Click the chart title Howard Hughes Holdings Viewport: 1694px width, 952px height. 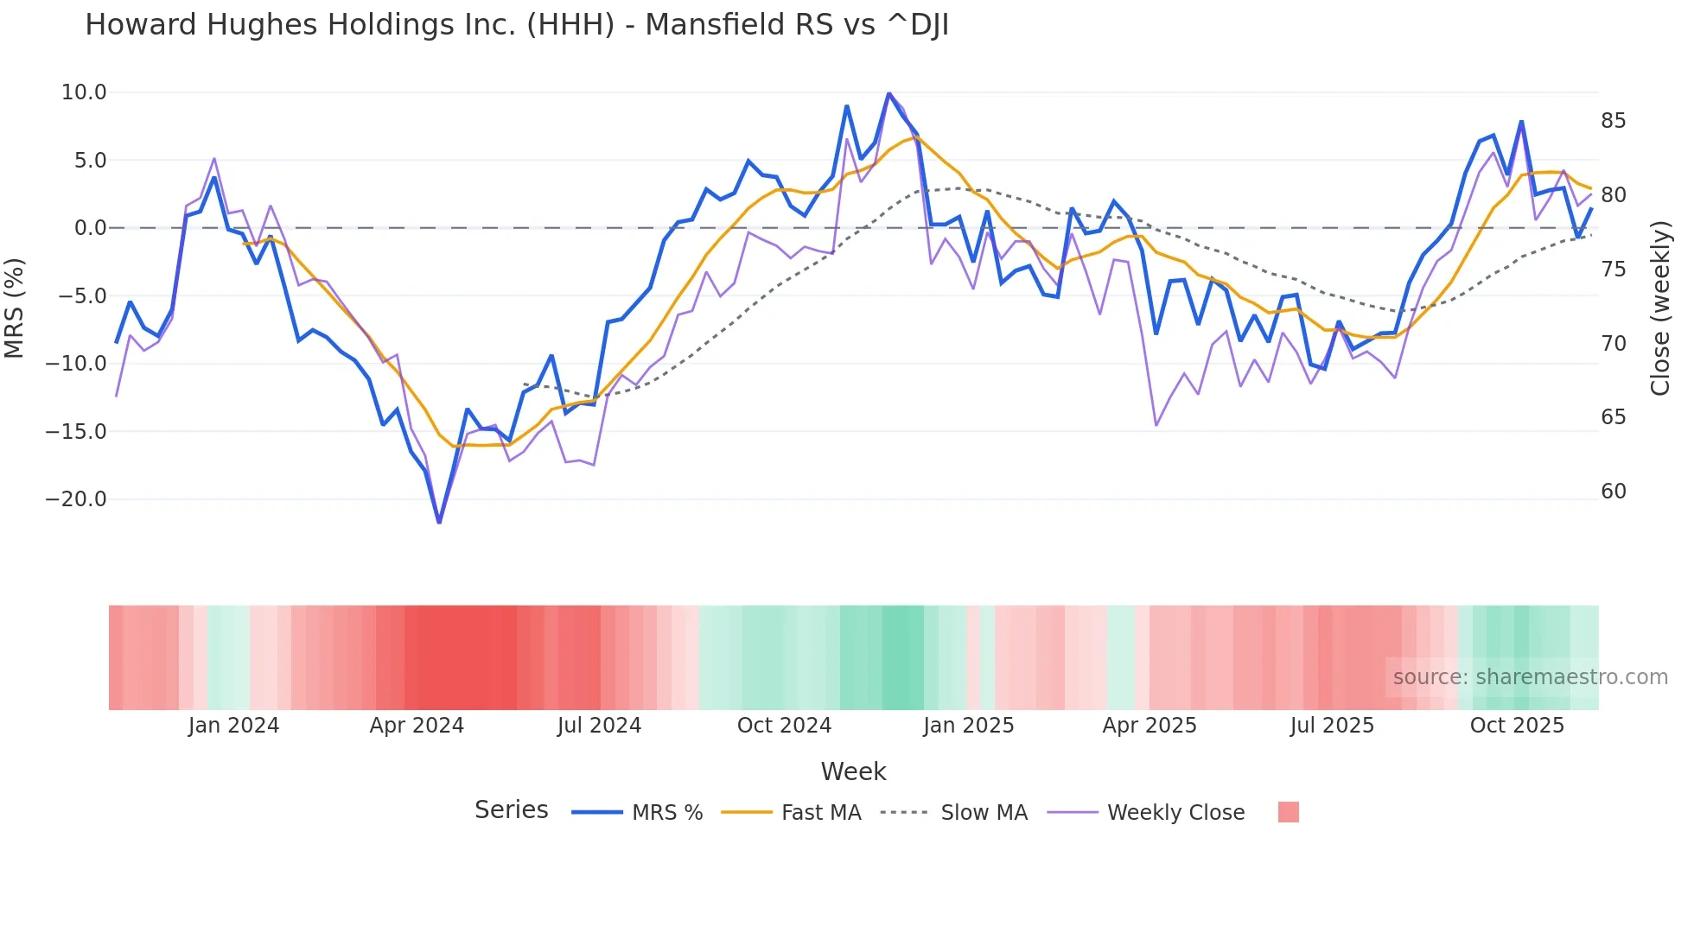click(516, 26)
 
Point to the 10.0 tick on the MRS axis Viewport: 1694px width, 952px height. click(84, 92)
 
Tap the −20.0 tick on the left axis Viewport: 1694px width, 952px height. click(76, 499)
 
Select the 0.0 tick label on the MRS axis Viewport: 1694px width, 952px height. click(90, 228)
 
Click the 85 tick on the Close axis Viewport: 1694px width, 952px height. click(1613, 121)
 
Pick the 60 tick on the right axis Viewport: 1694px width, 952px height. click(1613, 492)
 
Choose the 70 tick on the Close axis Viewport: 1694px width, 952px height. click(1613, 344)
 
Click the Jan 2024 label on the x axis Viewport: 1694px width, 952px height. click(233, 726)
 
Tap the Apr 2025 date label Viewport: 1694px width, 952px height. click(1149, 726)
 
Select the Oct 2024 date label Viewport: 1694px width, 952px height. click(784, 726)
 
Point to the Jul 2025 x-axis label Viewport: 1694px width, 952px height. click(1332, 726)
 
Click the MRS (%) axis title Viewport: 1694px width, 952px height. click(15, 308)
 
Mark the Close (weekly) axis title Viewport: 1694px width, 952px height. click(1660, 308)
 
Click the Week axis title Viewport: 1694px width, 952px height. click(853, 771)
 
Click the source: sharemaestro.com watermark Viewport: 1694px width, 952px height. click(1530, 677)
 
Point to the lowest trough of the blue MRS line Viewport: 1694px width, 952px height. click(439, 522)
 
